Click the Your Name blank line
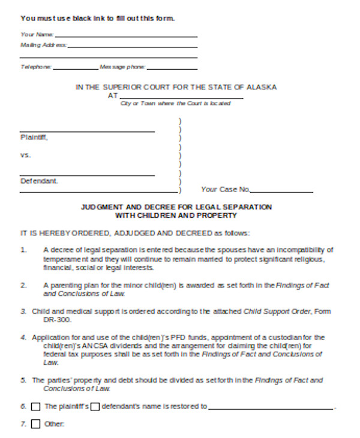coord(126,36)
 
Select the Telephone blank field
coord(75,68)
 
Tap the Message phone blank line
coord(172,68)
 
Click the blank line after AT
coord(181,97)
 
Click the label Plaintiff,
coord(34,137)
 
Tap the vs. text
coord(25,155)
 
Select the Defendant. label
coord(39,181)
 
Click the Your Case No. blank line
coord(282,191)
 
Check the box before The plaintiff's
coord(35,407)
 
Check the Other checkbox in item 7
coord(35,425)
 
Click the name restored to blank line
coord(271,409)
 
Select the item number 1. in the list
coord(24,249)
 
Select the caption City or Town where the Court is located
coord(176,104)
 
